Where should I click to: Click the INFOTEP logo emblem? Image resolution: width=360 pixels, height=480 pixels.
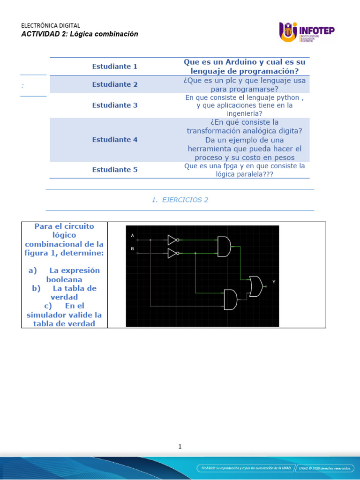[x=288, y=32]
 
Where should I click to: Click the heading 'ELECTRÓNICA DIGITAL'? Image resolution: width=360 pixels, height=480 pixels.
[x=51, y=26]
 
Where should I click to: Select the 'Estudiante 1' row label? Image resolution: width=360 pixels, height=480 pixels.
[x=115, y=67]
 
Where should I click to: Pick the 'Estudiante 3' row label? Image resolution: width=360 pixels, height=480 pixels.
[x=115, y=105]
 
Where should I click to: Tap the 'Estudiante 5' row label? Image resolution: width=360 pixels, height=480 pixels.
[x=115, y=170]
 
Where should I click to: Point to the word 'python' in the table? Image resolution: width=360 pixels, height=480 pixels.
[x=286, y=97]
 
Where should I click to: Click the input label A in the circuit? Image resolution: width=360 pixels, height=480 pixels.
[x=133, y=235]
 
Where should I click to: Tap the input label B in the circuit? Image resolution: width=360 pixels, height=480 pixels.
[x=133, y=248]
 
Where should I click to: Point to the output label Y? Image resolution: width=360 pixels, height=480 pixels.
[x=274, y=282]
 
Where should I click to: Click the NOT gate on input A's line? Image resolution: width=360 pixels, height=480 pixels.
[x=173, y=240]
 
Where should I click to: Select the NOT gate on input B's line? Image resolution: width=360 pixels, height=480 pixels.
[x=173, y=254]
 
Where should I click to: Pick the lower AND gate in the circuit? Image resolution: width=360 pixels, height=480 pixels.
[x=231, y=300]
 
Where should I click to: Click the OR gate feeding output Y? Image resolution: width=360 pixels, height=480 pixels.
[x=256, y=286]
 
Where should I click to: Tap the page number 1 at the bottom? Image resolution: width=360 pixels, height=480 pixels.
[x=180, y=447]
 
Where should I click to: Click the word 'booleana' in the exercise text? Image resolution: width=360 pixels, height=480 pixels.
[x=64, y=279]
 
